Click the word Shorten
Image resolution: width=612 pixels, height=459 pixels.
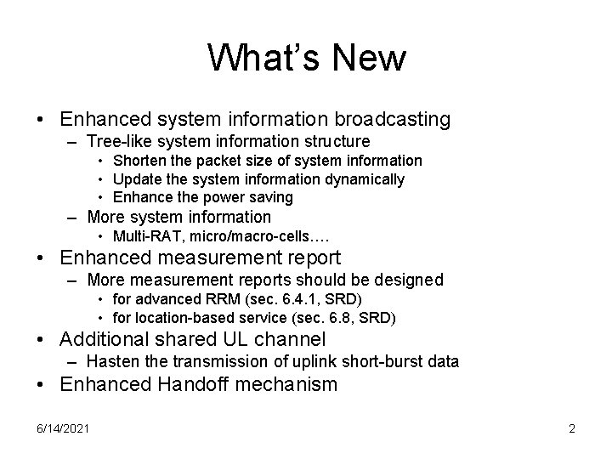pos(139,161)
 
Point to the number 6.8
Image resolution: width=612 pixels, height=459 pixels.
pos(340,318)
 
